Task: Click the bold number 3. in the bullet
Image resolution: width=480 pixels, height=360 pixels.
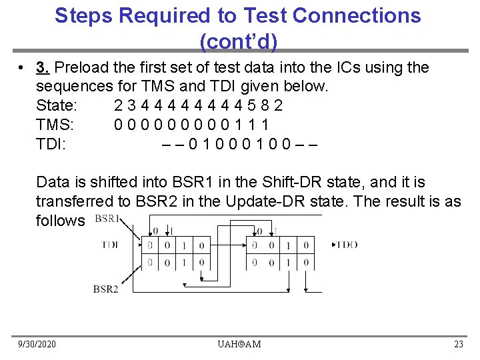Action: (x=44, y=68)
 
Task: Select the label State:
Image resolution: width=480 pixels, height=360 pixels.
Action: (x=57, y=105)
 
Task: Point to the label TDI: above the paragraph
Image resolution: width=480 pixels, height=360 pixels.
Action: (x=51, y=143)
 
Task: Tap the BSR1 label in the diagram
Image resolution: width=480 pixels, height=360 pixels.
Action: (x=107, y=219)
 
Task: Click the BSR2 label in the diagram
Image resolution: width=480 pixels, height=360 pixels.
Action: (x=105, y=289)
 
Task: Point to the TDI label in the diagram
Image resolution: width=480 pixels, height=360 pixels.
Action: (x=109, y=245)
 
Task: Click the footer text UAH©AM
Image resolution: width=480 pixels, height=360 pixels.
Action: (x=239, y=344)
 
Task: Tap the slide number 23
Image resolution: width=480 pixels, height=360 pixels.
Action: (x=458, y=344)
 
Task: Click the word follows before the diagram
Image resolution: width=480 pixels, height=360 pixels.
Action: (x=61, y=221)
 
